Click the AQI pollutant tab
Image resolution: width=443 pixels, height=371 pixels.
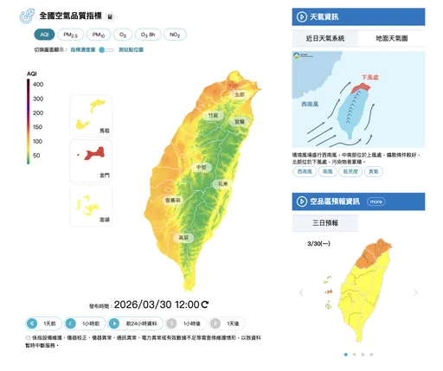44,35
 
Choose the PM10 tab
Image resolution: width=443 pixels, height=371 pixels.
100,35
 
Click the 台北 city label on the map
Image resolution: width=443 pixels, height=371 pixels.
240,94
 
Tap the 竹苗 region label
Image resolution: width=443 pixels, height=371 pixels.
213,114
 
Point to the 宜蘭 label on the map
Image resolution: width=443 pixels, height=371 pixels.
240,123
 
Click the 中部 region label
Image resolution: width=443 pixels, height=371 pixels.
202,167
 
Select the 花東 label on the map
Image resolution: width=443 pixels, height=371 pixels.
222,183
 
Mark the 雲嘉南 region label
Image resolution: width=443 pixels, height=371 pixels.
172,200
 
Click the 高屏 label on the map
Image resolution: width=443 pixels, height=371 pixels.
183,236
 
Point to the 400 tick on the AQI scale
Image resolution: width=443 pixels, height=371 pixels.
38,84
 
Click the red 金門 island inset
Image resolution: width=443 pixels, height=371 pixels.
92,156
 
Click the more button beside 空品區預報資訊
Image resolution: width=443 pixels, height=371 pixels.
376,201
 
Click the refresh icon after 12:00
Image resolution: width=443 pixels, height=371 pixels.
205,304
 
